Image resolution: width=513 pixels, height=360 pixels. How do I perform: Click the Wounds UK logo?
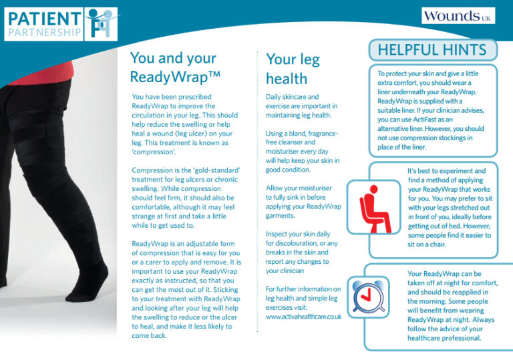[458, 16]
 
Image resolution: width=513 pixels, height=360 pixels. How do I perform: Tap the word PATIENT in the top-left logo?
[44, 19]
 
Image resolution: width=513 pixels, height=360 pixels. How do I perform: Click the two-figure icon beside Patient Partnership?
[101, 24]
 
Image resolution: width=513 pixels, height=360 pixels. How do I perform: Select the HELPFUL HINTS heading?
[432, 50]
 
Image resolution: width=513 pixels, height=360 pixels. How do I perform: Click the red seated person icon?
[374, 208]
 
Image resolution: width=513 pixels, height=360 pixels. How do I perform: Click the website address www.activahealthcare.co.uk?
[304, 317]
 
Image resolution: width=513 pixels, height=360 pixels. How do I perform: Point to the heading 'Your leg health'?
[293, 69]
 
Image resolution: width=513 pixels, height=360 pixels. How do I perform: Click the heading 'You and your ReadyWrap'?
[175, 67]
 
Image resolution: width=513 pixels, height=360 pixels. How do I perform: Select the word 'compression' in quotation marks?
[154, 152]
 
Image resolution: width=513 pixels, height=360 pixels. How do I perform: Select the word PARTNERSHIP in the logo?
[44, 33]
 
